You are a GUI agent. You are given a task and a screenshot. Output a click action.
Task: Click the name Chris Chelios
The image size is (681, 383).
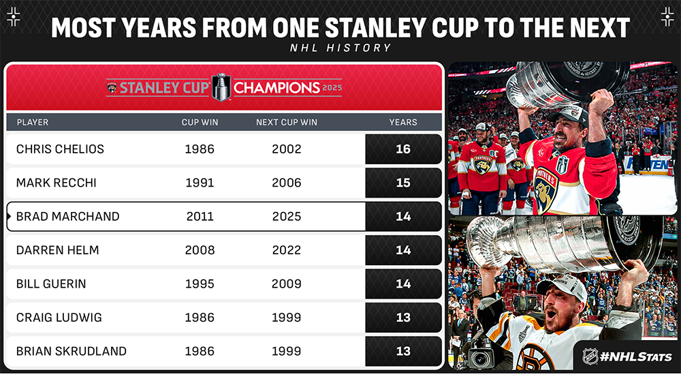tap(60, 149)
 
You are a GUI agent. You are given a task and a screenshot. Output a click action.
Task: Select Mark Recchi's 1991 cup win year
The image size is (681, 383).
tap(200, 183)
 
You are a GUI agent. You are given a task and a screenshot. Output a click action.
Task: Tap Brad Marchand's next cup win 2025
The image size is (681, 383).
tap(287, 217)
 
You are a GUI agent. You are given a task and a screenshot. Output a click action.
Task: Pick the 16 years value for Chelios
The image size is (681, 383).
tap(403, 149)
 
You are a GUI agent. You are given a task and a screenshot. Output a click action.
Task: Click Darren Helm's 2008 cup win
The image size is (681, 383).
tap(200, 250)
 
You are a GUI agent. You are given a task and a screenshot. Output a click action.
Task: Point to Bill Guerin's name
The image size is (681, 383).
tap(51, 284)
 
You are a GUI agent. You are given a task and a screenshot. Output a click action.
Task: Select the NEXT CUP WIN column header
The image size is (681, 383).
tap(287, 123)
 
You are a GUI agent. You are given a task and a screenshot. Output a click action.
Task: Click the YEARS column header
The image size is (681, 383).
tap(403, 123)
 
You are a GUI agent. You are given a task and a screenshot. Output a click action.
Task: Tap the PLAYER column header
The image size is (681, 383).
tap(33, 123)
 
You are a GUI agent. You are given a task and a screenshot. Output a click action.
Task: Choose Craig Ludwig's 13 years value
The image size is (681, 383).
tap(403, 318)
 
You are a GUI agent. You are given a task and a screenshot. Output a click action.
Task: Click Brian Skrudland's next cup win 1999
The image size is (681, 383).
tap(287, 351)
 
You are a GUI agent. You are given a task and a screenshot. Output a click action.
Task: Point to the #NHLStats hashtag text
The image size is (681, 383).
tap(636, 357)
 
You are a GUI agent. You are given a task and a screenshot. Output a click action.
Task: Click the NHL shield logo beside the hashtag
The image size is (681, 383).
tap(590, 356)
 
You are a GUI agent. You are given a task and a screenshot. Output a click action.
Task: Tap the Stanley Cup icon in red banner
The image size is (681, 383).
tap(221, 87)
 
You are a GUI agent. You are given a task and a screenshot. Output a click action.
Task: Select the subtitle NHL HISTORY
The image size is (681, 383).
tap(340, 48)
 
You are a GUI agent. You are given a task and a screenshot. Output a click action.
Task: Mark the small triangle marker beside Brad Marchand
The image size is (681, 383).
tap(9, 217)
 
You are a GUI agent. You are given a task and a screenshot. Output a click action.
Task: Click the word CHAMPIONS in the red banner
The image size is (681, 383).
tap(276, 88)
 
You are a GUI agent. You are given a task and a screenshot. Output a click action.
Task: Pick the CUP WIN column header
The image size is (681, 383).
tap(200, 123)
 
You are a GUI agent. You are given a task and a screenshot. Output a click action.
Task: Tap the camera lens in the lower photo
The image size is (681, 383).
tap(480, 360)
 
